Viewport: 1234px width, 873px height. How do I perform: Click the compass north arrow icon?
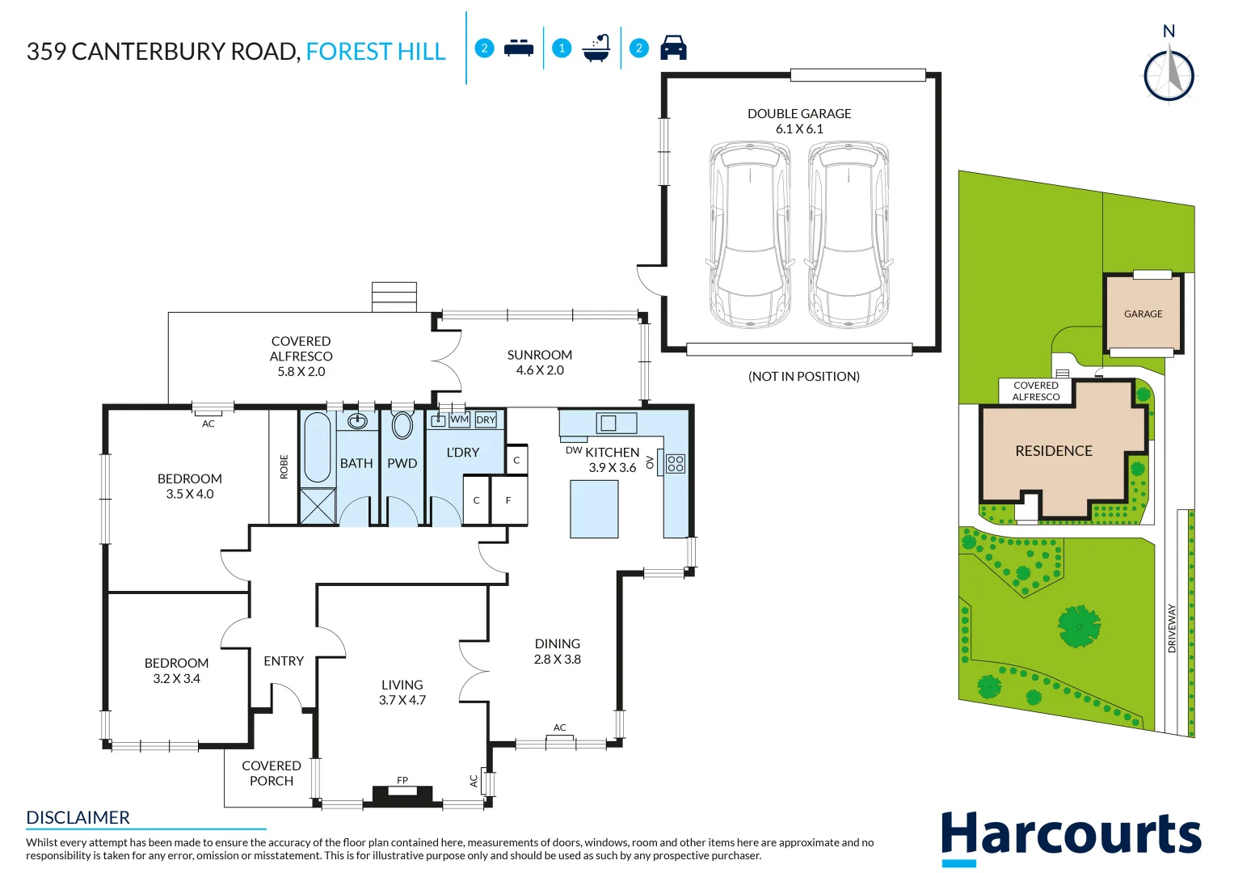coord(1169,75)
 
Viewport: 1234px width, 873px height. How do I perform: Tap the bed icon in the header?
coord(518,48)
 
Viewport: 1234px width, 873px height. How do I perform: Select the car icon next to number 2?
coord(673,48)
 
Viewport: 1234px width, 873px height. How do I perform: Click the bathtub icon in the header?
coord(596,48)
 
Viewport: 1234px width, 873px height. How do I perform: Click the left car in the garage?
coord(749,234)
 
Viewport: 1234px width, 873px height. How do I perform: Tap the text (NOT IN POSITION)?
coord(803,376)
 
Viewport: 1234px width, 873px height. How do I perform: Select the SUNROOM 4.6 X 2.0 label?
coord(539,362)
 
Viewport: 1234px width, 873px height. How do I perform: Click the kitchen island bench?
coord(594,508)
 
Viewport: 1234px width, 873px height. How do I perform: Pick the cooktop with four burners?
coord(676,463)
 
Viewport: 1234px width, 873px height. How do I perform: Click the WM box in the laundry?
coord(459,420)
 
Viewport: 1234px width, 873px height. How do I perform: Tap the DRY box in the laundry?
coord(486,420)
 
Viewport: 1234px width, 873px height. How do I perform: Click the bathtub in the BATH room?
coord(317,449)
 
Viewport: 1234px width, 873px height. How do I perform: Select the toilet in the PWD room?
coord(402,425)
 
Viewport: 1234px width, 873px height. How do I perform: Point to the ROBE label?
coord(284,467)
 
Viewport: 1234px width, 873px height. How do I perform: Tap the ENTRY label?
coord(284,660)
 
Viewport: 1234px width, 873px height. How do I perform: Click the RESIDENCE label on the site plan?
coord(1053,451)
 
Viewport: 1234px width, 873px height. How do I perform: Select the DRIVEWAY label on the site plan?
coord(1172,628)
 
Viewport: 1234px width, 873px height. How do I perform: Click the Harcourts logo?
coord(1071,835)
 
